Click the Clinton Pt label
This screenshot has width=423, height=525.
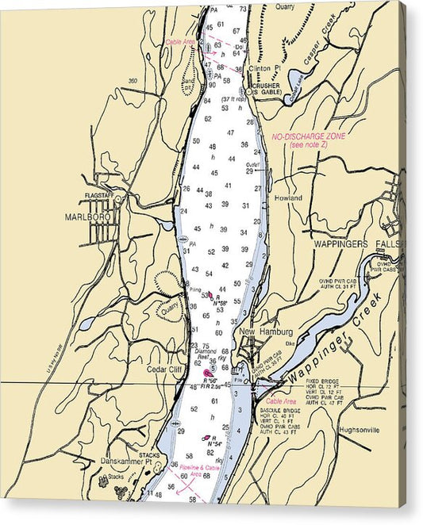[x=266, y=69]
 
